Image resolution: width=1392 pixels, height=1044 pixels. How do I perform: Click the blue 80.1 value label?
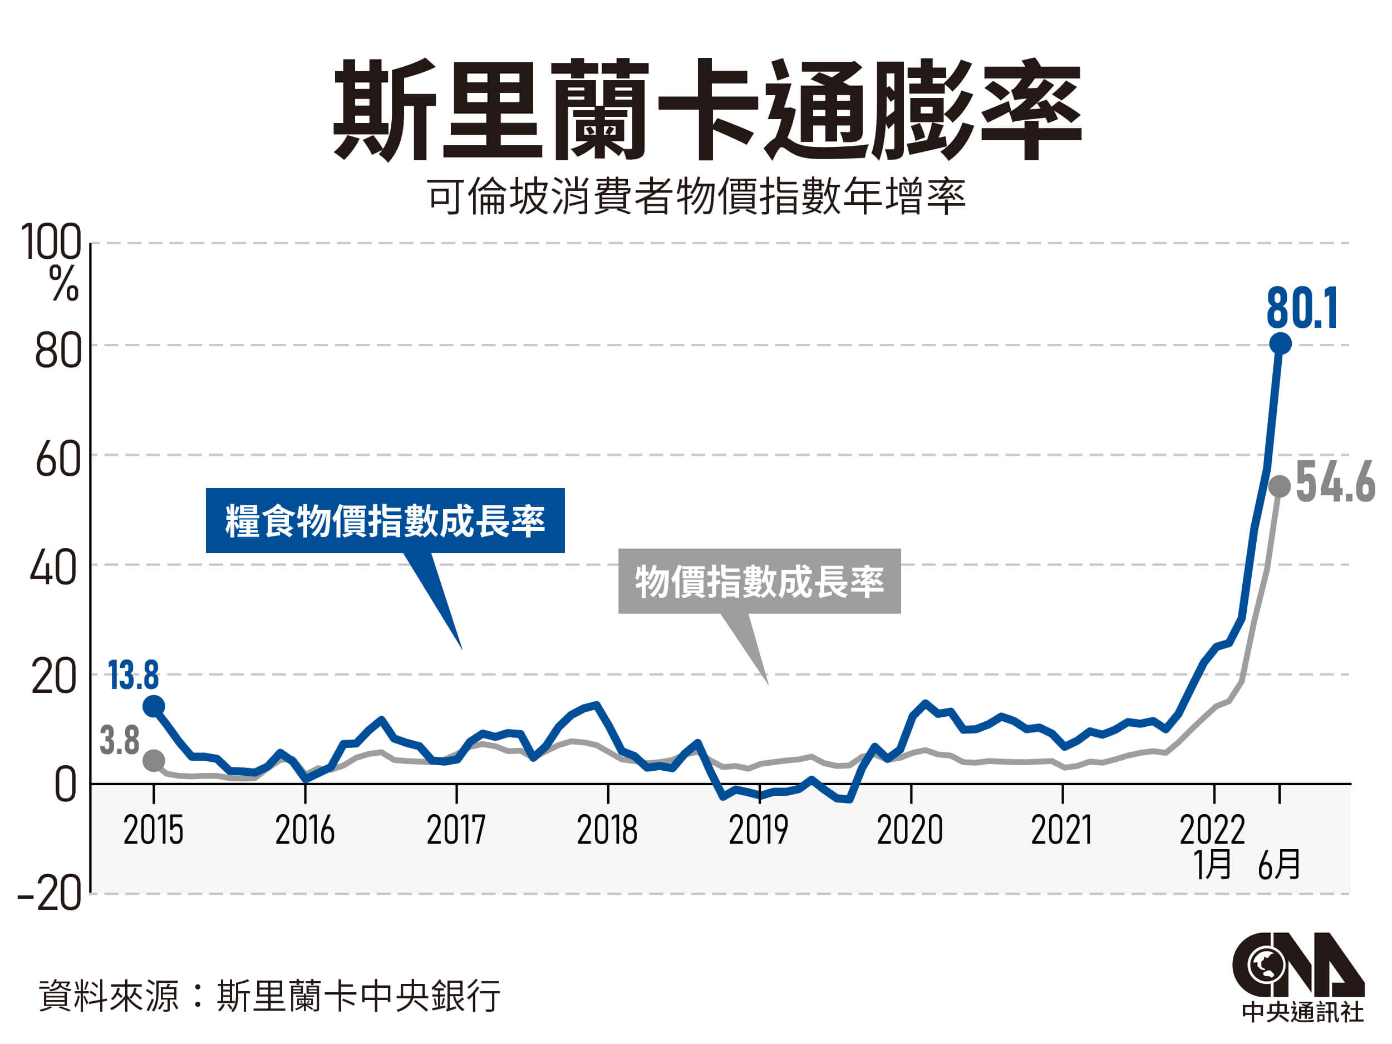point(1301,308)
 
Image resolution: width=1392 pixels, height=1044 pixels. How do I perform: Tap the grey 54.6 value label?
point(1335,482)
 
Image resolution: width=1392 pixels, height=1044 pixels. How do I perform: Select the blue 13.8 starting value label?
point(134,676)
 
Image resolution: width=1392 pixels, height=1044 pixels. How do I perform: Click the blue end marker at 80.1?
point(1280,343)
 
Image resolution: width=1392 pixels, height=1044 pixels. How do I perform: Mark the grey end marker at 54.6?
point(1280,486)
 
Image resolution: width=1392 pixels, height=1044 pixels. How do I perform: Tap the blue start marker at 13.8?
point(154,707)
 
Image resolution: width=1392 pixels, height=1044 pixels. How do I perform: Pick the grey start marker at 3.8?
point(154,760)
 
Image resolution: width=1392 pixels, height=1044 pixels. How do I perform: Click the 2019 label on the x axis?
point(758,830)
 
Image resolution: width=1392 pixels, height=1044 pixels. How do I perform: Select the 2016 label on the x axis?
point(304,830)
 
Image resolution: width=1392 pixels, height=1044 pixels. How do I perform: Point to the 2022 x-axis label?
point(1212,830)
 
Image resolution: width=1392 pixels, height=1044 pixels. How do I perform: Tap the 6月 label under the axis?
point(1278,865)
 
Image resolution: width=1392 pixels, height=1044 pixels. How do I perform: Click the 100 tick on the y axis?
point(52,242)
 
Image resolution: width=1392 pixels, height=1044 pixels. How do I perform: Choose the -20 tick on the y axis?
point(49,894)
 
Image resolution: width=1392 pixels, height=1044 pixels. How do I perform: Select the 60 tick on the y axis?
point(58,459)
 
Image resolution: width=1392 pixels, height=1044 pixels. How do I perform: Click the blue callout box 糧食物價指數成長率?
point(385,521)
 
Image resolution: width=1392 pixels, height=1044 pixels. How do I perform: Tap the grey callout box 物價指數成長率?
point(759,582)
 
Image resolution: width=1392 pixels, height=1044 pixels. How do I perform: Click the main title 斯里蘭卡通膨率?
point(707,110)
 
